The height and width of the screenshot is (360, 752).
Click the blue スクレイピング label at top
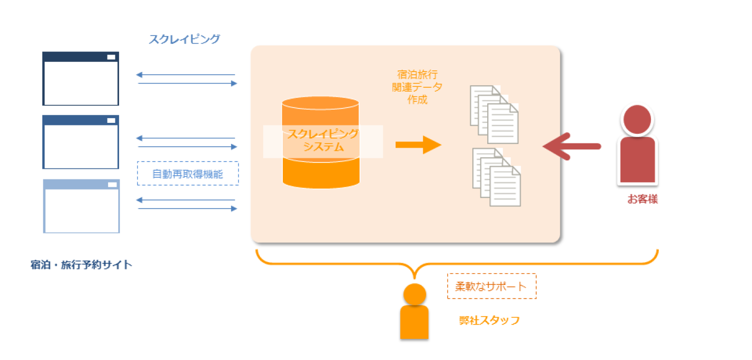(184, 39)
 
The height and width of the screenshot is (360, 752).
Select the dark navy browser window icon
(80, 78)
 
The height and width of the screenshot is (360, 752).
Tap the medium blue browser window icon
(80, 142)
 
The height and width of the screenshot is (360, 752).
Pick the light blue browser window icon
(81, 206)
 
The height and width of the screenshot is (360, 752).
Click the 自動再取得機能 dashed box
(188, 173)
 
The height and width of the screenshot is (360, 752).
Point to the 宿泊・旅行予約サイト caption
(81, 265)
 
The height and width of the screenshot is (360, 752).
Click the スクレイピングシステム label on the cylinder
(323, 141)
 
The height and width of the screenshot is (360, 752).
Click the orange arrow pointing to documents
(418, 145)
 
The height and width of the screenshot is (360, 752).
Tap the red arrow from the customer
(571, 146)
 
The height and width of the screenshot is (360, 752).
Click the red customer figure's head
(637, 119)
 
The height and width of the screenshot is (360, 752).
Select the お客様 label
(642, 200)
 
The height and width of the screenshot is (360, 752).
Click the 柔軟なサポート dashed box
(491, 286)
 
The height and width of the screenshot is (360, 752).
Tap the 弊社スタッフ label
(489, 320)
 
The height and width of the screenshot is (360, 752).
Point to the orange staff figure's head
(414, 294)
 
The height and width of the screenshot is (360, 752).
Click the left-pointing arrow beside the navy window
(186, 75)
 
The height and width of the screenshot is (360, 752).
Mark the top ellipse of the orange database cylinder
(320, 103)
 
